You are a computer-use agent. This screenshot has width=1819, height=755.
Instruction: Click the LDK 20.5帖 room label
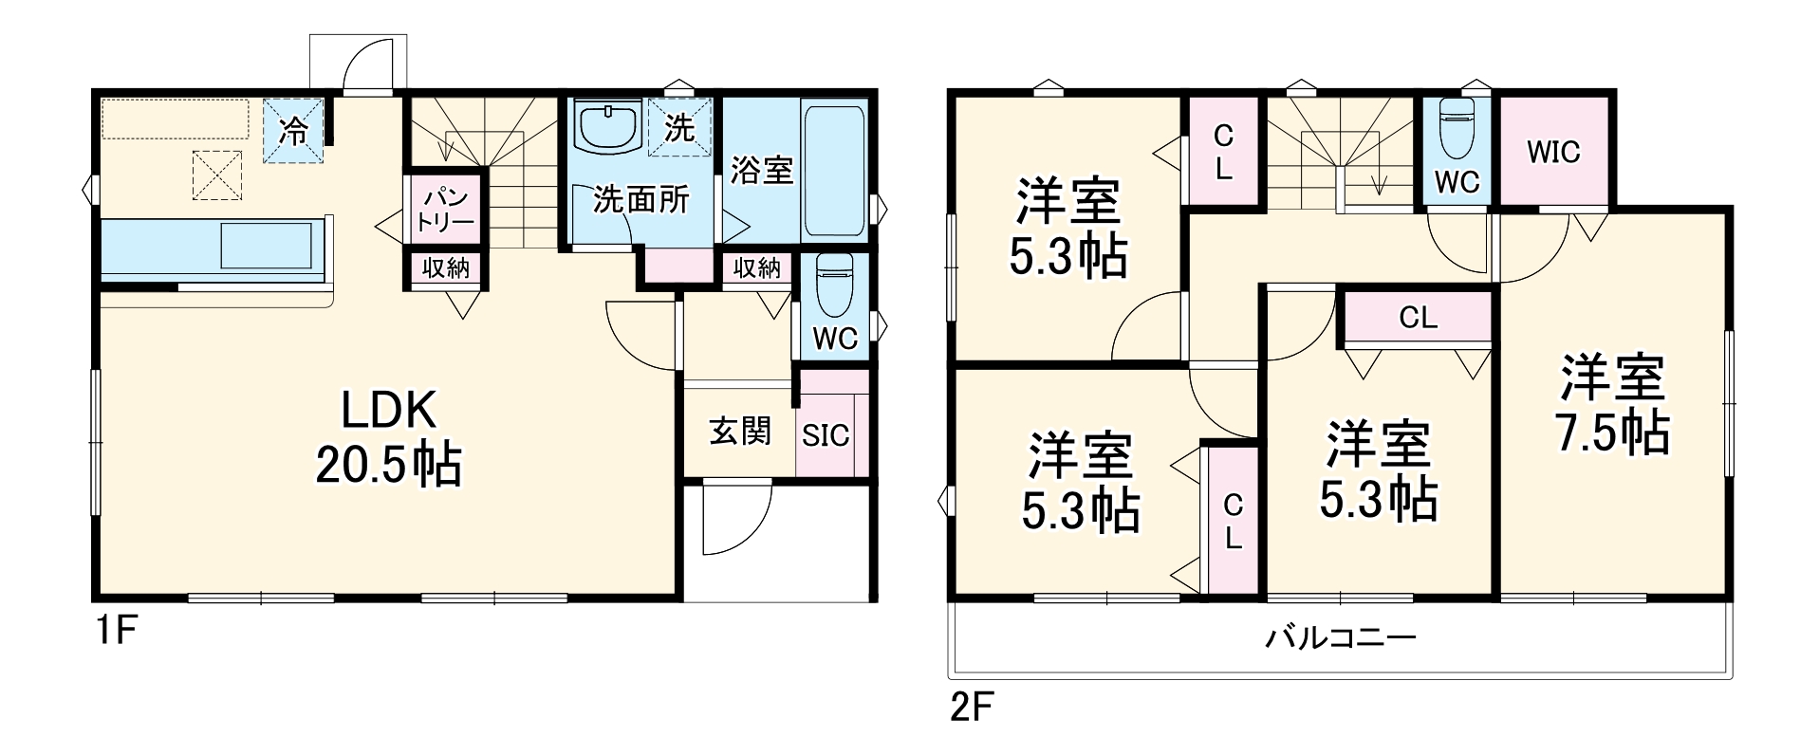point(388,438)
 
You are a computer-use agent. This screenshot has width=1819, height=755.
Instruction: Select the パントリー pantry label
point(446,211)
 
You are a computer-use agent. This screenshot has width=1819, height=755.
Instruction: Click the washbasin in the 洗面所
point(607,128)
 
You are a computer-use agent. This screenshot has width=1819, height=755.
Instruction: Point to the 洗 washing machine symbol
point(679,128)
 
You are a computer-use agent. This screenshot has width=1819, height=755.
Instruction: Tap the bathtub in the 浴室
point(834,172)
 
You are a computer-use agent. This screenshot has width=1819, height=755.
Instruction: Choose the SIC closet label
point(826,435)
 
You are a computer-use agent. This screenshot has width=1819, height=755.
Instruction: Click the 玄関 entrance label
point(740,432)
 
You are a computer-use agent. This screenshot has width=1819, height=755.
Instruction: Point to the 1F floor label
point(117,631)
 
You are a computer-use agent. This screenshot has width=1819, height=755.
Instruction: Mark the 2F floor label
point(972,708)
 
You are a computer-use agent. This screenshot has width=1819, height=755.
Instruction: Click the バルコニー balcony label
point(1340,637)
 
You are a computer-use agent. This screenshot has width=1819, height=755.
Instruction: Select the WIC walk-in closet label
point(1553,152)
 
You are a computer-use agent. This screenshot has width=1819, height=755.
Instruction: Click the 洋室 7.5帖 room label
point(1612,406)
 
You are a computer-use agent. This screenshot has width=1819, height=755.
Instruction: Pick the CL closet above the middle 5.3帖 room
point(1418,318)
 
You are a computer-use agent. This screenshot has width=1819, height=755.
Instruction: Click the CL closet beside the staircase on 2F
point(1223,153)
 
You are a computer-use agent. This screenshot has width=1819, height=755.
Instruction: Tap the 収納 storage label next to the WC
point(757,268)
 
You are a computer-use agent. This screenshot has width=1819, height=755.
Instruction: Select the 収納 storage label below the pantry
point(445,268)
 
